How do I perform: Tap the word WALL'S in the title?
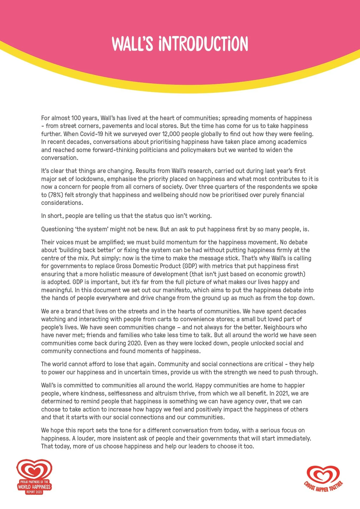(x=132, y=44)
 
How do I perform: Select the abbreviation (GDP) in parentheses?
(x=190, y=266)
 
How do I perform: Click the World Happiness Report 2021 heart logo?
(x=34, y=476)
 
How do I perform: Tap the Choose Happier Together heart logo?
(x=323, y=479)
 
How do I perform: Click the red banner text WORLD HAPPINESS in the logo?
(x=34, y=487)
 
